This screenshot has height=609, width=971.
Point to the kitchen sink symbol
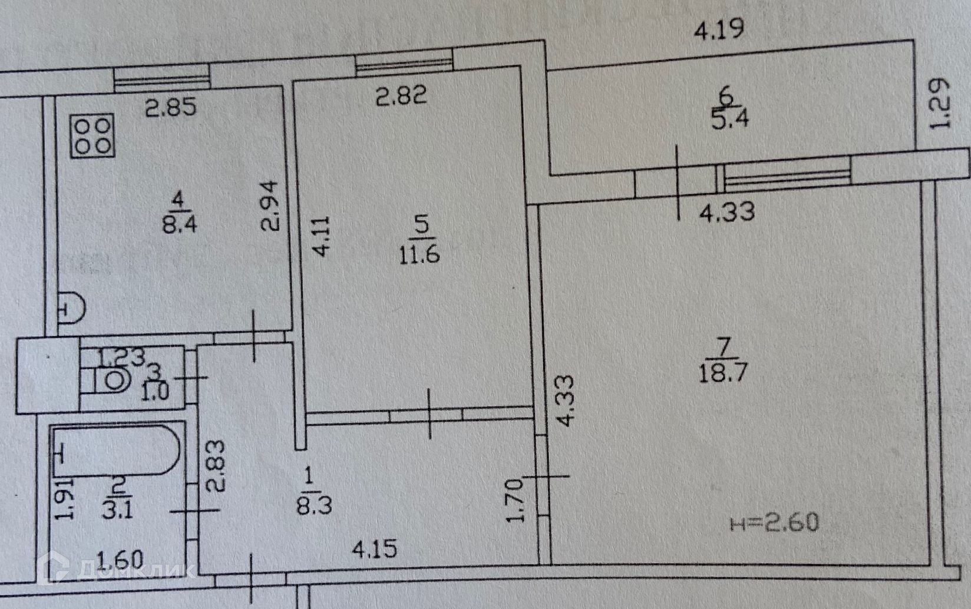(72, 308)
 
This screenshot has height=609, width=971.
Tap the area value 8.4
(177, 224)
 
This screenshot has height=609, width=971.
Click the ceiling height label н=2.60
(774, 522)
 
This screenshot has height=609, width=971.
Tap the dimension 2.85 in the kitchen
(170, 108)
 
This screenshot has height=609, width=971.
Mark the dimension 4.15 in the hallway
(374, 550)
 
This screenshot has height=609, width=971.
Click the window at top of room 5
(404, 62)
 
